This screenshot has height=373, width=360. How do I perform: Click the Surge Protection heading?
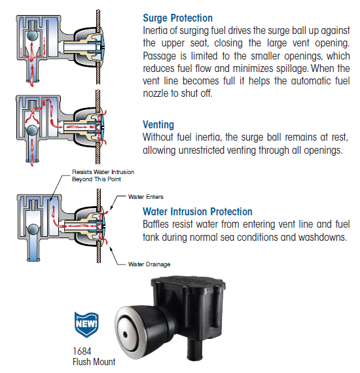coord(177,18)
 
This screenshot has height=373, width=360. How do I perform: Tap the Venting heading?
coord(158,124)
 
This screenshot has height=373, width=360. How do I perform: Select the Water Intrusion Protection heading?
coord(198,211)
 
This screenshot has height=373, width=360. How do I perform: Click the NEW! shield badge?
coord(86,325)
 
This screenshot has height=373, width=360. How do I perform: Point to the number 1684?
coord(82,351)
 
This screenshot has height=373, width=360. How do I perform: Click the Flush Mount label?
coord(94,362)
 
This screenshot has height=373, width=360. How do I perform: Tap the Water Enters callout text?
coord(145,197)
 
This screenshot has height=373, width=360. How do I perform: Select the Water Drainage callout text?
coord(149,264)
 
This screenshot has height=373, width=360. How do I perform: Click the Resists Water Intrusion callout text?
coord(103,175)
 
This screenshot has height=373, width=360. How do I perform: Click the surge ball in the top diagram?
coord(32,35)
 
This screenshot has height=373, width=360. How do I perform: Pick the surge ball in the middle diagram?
coord(32,130)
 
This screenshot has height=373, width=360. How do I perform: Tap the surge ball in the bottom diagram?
coord(33,229)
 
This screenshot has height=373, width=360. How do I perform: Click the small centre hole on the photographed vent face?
coord(124,335)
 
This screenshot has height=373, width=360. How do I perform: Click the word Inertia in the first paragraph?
coord(154,31)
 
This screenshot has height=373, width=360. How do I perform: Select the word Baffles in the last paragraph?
coord(156,224)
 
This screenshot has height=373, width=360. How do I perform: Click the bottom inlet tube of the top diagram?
coord(33,71)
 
